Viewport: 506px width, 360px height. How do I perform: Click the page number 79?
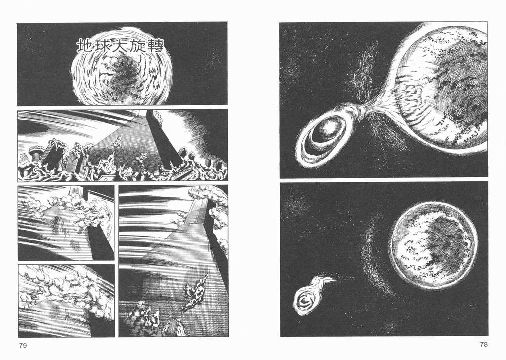coord(23,346)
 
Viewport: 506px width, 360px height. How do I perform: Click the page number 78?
coord(483,344)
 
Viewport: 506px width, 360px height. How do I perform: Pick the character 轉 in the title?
coord(156,45)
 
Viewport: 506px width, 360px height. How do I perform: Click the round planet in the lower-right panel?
coord(433,246)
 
